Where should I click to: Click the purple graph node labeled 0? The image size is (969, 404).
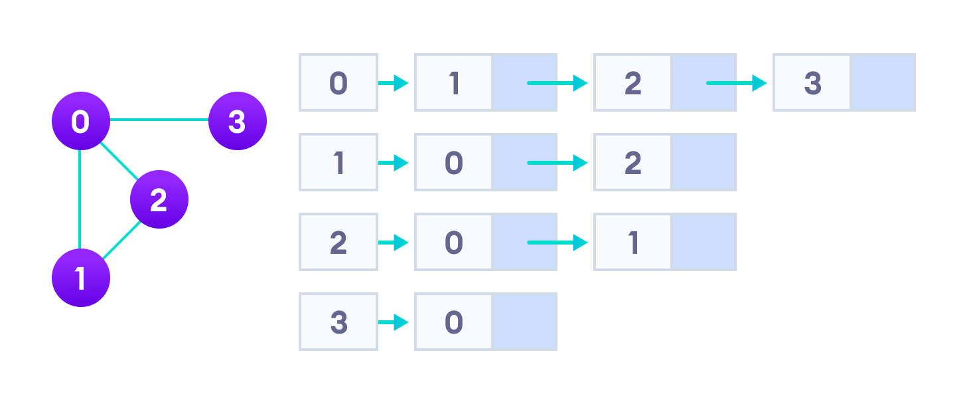coord(80,121)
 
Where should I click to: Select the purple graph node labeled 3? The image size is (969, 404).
coord(237,121)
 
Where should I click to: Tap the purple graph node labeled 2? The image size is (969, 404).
coord(159,199)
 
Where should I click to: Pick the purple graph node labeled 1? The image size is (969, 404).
coord(80,278)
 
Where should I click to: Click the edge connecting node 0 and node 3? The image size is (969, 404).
coord(159,120)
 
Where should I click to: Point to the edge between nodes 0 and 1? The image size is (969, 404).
coord(80,199)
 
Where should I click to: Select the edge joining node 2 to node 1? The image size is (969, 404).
coord(121,239)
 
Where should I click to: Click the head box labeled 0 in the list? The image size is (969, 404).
coord(338,83)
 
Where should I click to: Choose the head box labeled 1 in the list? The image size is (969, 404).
coord(338,163)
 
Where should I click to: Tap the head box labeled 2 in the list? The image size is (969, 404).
coord(338,243)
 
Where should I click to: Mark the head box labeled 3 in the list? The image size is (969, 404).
coord(338,322)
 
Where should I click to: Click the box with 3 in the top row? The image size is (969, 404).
coord(812,83)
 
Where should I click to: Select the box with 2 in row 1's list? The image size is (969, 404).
coord(633,163)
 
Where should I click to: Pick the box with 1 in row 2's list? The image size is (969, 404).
coord(633,243)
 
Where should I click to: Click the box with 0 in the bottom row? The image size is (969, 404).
coord(453,322)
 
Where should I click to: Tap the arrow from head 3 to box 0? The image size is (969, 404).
coord(393,322)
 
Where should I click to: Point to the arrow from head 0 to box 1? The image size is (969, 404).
coord(393,83)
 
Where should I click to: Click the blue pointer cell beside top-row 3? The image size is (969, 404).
coord(883,83)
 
